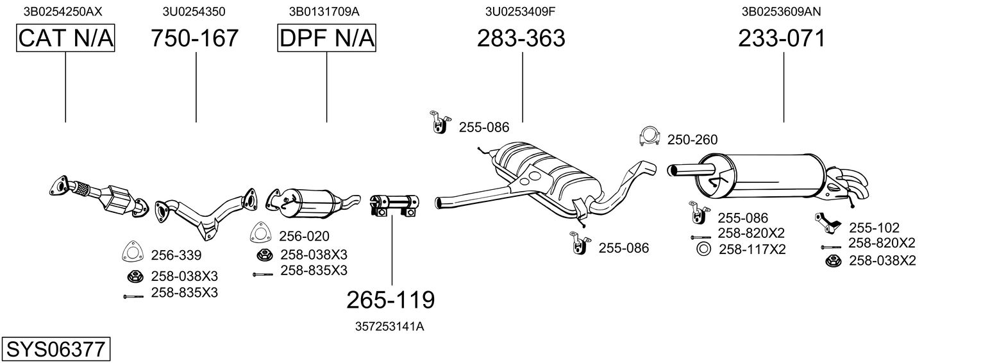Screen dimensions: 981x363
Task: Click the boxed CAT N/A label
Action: pos(65,38)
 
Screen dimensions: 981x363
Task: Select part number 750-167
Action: pos(195,38)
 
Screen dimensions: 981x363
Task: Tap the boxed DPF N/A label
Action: pos(327,38)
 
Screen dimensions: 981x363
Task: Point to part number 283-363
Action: pos(521,38)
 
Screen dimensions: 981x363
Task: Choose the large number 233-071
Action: pos(782,38)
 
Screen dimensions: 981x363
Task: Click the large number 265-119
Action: pos(390,300)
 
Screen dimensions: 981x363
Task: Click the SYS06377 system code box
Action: pos(56,350)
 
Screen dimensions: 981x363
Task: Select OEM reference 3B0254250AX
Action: pos(63,12)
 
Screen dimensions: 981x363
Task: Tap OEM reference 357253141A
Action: pos(390,326)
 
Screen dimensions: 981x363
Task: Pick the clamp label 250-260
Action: pos(692,140)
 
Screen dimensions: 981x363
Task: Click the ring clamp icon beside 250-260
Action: pos(649,136)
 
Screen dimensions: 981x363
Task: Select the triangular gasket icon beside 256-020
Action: pos(260,233)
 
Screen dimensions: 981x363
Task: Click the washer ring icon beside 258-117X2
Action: pos(703,249)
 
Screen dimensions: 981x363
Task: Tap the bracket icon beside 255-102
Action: pos(828,223)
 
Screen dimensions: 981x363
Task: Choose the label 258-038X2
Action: pos(882,261)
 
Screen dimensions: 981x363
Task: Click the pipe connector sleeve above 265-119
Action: pos(394,205)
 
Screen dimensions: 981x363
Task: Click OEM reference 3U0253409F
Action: pos(520,12)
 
